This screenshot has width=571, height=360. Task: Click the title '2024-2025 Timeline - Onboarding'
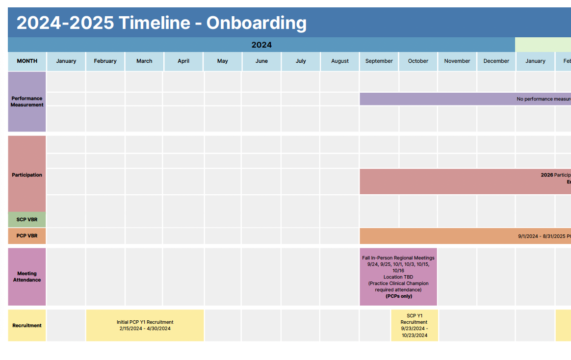pyautogui.click(x=161, y=23)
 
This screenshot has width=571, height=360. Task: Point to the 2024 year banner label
pyautogui.click(x=261, y=45)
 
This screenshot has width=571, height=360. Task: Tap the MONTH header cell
pyautogui.click(x=27, y=61)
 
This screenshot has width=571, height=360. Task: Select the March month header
pyautogui.click(x=144, y=61)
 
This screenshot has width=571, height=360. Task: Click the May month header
pyautogui.click(x=223, y=61)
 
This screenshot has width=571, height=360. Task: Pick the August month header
pyautogui.click(x=340, y=61)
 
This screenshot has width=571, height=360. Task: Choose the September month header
pyautogui.click(x=379, y=61)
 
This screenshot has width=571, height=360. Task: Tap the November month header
pyautogui.click(x=457, y=61)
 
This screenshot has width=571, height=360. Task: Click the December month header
pyautogui.click(x=496, y=61)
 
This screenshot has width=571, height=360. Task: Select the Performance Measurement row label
pyautogui.click(x=27, y=102)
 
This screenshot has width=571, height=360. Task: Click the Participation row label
pyautogui.click(x=27, y=175)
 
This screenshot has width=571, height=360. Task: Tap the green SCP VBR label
pyautogui.click(x=27, y=220)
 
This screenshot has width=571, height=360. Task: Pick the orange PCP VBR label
pyautogui.click(x=27, y=236)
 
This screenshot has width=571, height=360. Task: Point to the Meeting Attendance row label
pyautogui.click(x=27, y=277)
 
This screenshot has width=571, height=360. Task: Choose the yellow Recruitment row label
pyautogui.click(x=27, y=325)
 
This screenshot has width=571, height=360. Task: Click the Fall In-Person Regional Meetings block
pyautogui.click(x=398, y=277)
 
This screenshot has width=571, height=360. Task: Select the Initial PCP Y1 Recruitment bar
pyautogui.click(x=145, y=325)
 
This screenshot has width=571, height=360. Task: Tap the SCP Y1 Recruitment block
pyautogui.click(x=415, y=325)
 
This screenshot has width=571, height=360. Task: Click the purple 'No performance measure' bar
pyautogui.click(x=465, y=99)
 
